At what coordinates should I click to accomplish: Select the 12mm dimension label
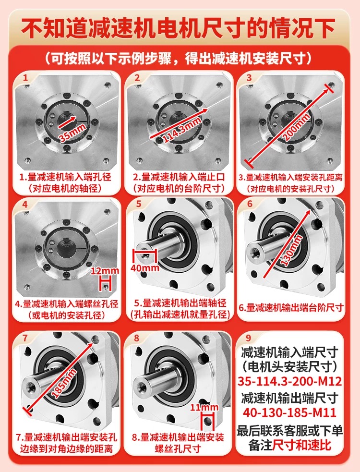pyautogui.click(x=105, y=271)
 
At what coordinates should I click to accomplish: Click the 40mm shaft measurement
pyautogui.click(x=145, y=267)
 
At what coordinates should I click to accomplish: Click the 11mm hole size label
pyautogui.click(x=204, y=408)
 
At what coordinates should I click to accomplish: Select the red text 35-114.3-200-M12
pyautogui.click(x=290, y=381)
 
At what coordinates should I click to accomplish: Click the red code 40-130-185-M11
pyautogui.click(x=289, y=412)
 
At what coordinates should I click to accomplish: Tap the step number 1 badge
pyautogui.click(x=25, y=78)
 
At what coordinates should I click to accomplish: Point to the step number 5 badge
pyautogui.click(x=138, y=204)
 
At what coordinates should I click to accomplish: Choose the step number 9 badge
pyautogui.click(x=248, y=338)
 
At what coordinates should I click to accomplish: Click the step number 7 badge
pyautogui.click(x=24, y=338)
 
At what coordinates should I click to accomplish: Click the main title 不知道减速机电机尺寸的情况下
pyautogui.click(x=179, y=28)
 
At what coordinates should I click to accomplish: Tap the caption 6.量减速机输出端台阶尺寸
pyautogui.click(x=291, y=308)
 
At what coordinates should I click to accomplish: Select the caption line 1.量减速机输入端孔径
pyautogui.click(x=65, y=177)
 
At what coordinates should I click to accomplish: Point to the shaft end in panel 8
pyautogui.click(x=140, y=385)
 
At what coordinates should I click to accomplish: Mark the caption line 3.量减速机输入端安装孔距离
pyautogui.click(x=291, y=177)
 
